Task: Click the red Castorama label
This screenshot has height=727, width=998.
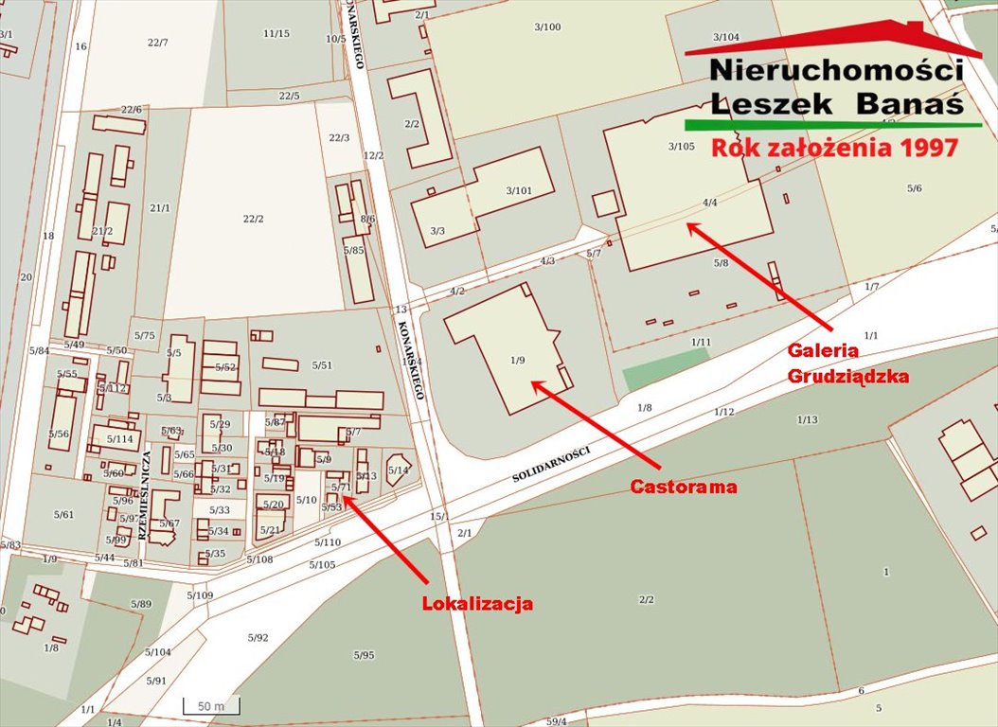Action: pyautogui.click(x=683, y=487)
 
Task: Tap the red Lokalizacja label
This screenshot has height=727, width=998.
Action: pyautogui.click(x=477, y=603)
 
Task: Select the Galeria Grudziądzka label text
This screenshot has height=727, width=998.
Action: pyautogui.click(x=847, y=363)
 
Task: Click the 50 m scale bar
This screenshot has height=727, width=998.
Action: pyautogui.click(x=210, y=706)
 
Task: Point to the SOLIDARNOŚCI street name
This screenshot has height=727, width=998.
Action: pyautogui.click(x=550, y=463)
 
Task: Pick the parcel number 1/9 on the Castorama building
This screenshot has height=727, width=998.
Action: pyautogui.click(x=516, y=360)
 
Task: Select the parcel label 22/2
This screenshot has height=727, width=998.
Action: pyautogui.click(x=253, y=219)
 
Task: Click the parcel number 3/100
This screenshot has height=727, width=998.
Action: pyautogui.click(x=547, y=27)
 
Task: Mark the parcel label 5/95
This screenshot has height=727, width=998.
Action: pyautogui.click(x=364, y=655)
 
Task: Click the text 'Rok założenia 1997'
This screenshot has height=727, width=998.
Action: pyautogui.click(x=834, y=148)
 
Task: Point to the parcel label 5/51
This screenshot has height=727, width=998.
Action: pyautogui.click(x=322, y=365)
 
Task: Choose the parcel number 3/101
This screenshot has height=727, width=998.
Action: pyautogui.click(x=519, y=190)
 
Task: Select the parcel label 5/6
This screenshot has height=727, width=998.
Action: pyautogui.click(x=914, y=188)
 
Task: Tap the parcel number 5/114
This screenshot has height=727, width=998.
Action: pyautogui.click(x=119, y=439)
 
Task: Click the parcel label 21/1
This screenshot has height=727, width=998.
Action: pyautogui.click(x=159, y=208)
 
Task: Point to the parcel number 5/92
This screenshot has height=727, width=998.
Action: pyautogui.click(x=258, y=638)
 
